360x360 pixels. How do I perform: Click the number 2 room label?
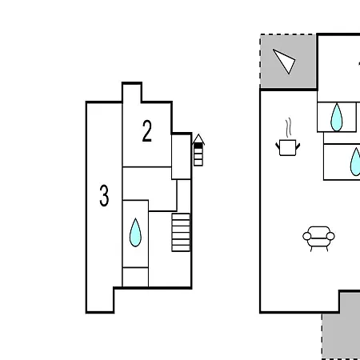147,130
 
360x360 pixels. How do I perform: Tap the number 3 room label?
104,195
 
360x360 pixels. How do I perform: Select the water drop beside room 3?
135,232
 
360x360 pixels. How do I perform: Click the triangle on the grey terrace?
284,61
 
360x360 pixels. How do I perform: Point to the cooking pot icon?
288,147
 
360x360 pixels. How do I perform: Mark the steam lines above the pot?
288,127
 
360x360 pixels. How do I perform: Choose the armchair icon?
318,238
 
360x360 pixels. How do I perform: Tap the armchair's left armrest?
307,236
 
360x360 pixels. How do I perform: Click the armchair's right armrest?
330,236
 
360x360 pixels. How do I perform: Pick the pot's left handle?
278,146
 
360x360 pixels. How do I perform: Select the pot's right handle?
298,146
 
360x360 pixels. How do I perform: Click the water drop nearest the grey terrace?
337,117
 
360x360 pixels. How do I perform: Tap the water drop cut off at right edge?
355,162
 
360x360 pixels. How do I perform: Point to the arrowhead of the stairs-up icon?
198,139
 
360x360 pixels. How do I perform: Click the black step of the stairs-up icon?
198,146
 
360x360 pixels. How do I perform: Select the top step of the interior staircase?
181,216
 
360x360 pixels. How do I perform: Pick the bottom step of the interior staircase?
181,248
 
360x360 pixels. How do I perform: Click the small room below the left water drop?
135,277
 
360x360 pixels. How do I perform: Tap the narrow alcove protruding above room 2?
132,93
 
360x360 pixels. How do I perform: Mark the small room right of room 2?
181,157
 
